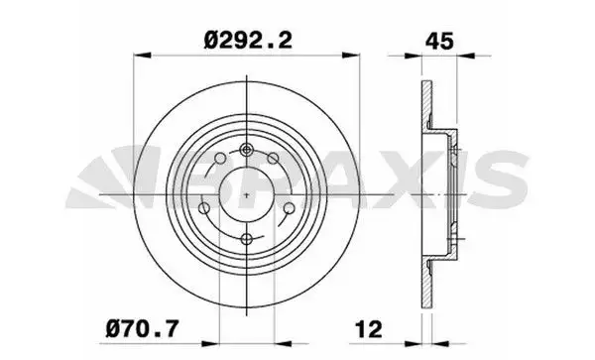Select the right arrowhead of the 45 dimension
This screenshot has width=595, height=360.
465,56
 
